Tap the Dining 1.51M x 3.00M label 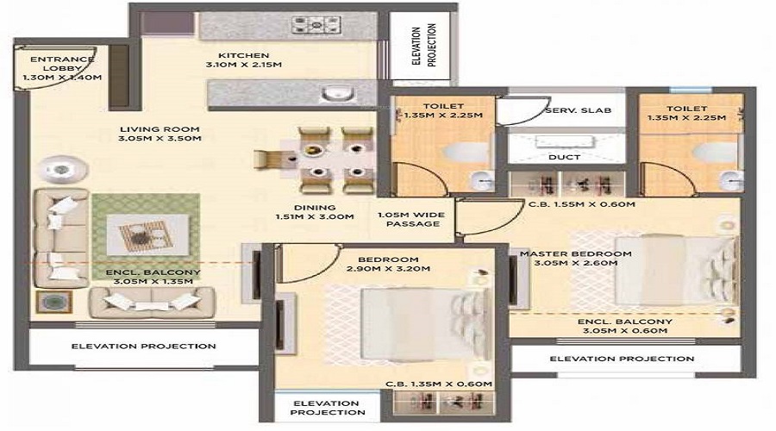[314, 211]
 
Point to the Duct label [564, 157]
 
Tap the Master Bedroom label [570, 259]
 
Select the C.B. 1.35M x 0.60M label [439, 383]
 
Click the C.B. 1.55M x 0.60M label [581, 204]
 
